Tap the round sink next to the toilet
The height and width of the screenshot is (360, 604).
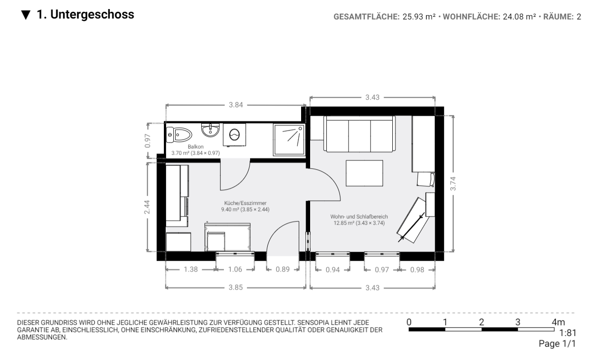(x=210, y=131)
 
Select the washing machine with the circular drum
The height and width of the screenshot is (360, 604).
(x=234, y=134)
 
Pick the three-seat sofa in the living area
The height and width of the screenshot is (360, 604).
(x=359, y=134)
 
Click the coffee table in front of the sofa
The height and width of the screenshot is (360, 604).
(x=364, y=173)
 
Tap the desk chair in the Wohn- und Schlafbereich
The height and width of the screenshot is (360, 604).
(x=426, y=179)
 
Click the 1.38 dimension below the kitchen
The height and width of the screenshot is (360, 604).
(x=190, y=269)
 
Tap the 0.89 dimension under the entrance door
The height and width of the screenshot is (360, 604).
(x=283, y=269)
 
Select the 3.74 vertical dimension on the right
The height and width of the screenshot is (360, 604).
(x=453, y=183)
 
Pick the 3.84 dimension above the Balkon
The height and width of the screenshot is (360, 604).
(x=236, y=105)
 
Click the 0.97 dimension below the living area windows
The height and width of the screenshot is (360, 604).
(x=382, y=269)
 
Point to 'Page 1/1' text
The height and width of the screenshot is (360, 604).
(x=557, y=344)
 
